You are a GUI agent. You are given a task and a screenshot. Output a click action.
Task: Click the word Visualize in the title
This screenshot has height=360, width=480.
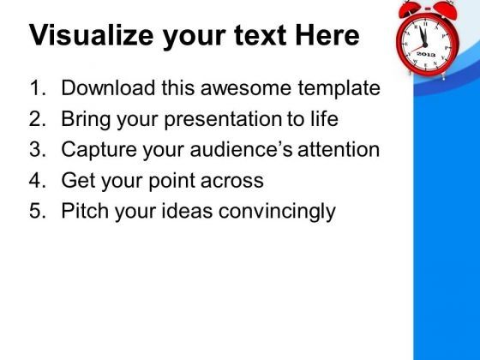91,35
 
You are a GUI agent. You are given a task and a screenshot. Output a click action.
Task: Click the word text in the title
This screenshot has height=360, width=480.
261,36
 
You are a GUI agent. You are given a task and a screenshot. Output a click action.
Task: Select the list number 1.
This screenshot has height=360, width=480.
38,87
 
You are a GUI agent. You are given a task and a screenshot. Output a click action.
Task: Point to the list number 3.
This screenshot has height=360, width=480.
38,149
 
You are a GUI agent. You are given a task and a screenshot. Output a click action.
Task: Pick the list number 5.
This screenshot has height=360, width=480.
38,211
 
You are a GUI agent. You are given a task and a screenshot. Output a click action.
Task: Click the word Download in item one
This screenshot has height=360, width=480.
108,87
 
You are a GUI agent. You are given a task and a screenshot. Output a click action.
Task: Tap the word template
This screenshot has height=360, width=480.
339,89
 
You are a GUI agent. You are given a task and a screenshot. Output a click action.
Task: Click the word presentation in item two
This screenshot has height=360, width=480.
223,120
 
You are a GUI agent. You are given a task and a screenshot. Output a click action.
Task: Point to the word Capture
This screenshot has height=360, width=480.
99,150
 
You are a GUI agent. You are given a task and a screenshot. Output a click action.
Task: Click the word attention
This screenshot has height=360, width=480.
339,149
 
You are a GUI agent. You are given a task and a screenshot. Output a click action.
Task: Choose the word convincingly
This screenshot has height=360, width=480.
277,212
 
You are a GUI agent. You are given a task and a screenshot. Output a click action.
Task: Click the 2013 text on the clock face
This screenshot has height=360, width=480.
426,54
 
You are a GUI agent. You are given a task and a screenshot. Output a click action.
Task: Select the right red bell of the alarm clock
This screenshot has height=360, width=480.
446,9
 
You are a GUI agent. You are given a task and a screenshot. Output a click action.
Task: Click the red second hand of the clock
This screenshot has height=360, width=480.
418,48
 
